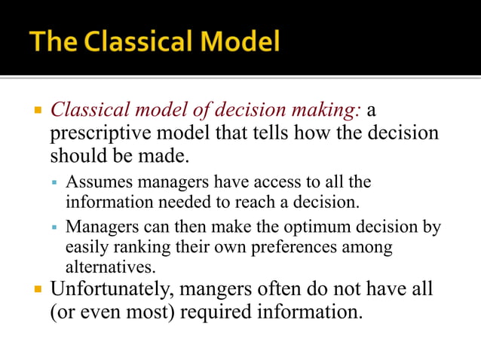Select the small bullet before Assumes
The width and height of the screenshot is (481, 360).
click(55, 183)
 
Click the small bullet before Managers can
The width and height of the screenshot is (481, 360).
click(55, 227)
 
